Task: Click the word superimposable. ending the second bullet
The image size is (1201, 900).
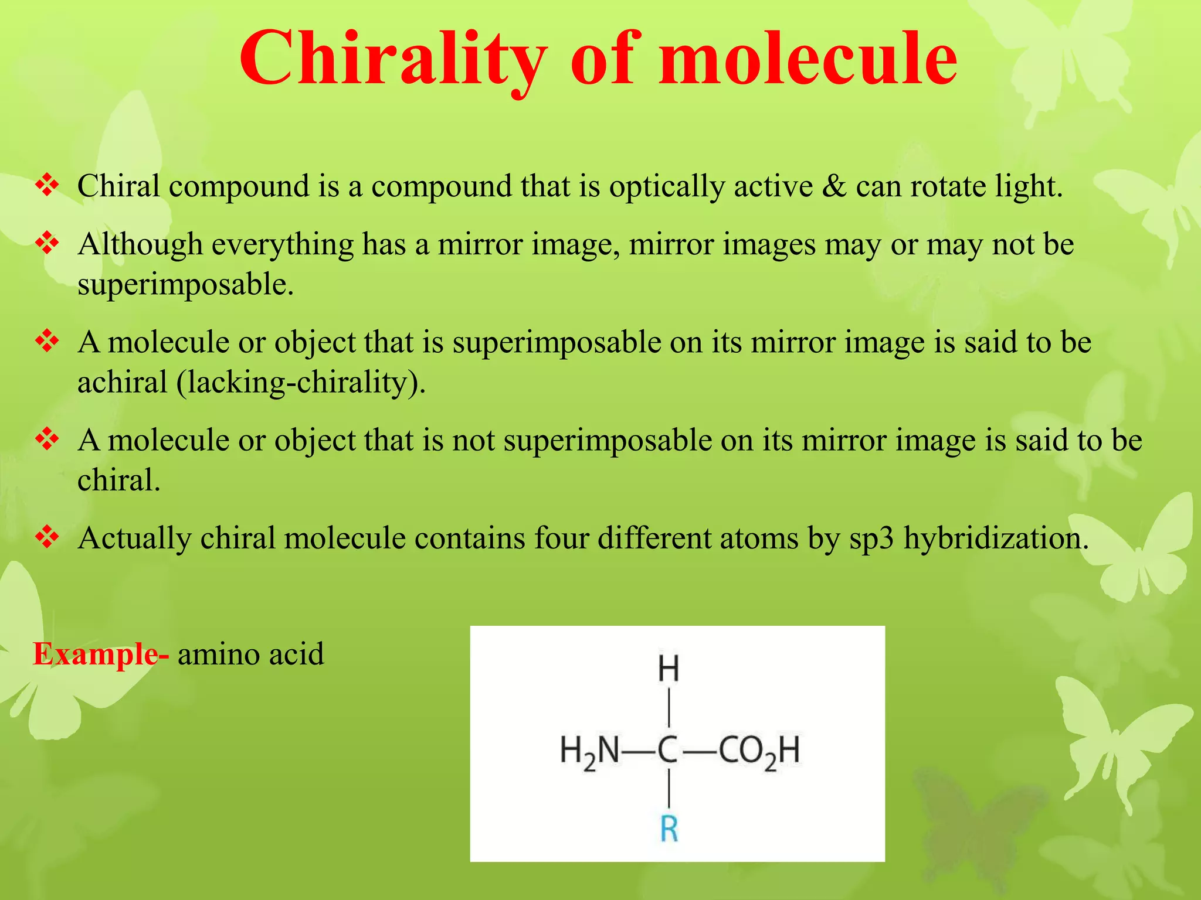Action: (185, 285)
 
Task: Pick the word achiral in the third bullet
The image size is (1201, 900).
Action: (123, 383)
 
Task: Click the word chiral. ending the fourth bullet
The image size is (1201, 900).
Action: (119, 480)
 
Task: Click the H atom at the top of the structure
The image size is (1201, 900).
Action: (669, 669)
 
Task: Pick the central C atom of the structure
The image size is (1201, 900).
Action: (668, 750)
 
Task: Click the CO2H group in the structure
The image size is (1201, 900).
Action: (759, 751)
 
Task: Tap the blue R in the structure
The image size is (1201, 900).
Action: (669, 829)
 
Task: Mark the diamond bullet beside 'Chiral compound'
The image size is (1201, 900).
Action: (47, 186)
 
